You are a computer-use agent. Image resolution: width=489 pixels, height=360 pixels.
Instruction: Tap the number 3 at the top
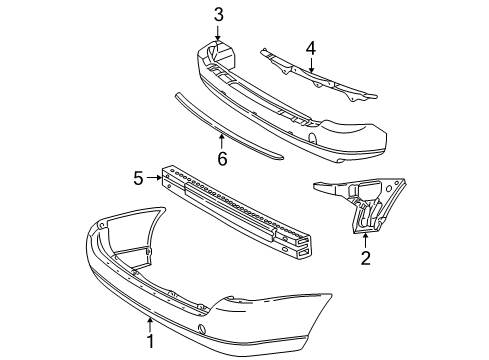click(218, 13)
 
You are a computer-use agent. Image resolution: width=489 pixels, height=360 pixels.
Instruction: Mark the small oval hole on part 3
click(316, 136)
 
